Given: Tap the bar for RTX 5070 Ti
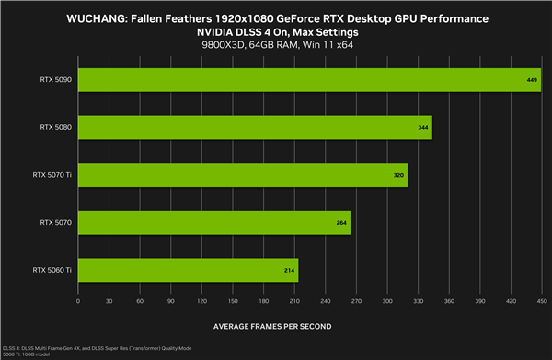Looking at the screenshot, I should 243,175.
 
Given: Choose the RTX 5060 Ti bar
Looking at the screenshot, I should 189,269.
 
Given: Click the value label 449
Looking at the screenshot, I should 531,80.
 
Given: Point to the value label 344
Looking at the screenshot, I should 423,128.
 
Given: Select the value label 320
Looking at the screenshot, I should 399,175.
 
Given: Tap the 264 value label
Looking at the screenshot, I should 341,222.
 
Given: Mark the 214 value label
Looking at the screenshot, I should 290,269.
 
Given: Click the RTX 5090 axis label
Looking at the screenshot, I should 56,80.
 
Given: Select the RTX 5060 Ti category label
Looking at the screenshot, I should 52,269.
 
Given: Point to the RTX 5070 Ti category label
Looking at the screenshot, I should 52,175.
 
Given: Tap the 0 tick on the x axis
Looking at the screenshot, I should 78,300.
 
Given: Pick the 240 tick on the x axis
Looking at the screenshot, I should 326,300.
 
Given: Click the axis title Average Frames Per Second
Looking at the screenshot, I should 273,326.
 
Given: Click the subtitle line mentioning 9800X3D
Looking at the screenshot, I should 275,45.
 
